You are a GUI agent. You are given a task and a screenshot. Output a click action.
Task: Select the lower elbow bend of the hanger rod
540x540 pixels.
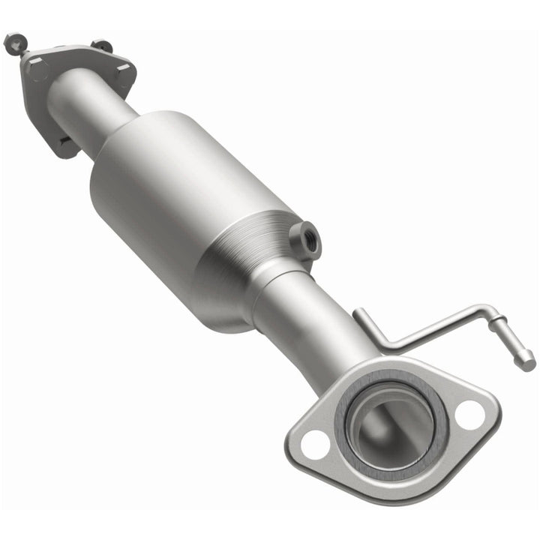pyautogui.click(x=385, y=346)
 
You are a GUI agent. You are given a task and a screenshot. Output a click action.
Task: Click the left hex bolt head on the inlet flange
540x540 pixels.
pyautogui.click(x=37, y=71)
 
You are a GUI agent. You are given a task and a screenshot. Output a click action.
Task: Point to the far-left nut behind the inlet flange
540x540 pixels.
pyautogui.click(x=13, y=43)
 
